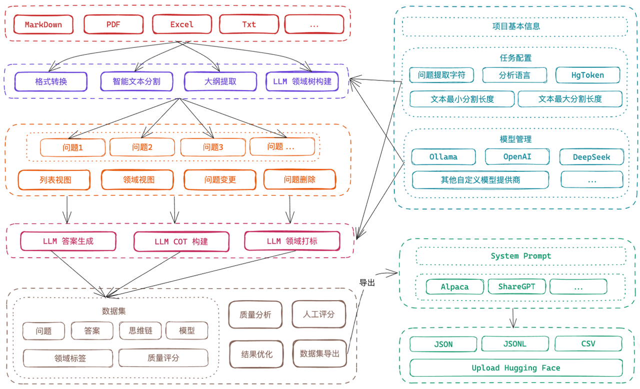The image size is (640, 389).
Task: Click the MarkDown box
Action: coord(43,24)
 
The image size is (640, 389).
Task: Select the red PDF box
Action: coord(113,24)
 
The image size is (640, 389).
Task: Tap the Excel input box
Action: coord(181,24)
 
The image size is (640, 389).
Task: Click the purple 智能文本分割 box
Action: coord(136,81)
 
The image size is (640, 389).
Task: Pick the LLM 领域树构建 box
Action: coord(302,81)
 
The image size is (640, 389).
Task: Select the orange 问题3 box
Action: coord(213,147)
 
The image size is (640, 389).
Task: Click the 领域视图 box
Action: coord(137,180)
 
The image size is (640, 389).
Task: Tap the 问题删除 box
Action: coord(299,179)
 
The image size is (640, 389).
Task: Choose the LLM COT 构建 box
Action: coord(181,242)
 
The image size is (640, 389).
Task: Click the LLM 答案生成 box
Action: coord(68,241)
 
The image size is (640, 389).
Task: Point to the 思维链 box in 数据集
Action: coord(140,331)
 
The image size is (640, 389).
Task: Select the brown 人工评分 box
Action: coord(318,314)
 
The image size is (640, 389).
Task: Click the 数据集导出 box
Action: coord(319,354)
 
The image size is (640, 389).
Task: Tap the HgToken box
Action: coord(587,75)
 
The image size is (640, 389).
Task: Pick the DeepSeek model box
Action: coord(591,157)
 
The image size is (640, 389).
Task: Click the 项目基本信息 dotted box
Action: coord(515,26)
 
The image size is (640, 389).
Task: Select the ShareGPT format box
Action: coord(517,287)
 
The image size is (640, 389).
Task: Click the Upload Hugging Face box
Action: coord(515,368)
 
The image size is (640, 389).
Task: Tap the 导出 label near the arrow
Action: coord(367,283)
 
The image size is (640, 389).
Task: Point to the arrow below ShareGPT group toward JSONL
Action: coord(513,318)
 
